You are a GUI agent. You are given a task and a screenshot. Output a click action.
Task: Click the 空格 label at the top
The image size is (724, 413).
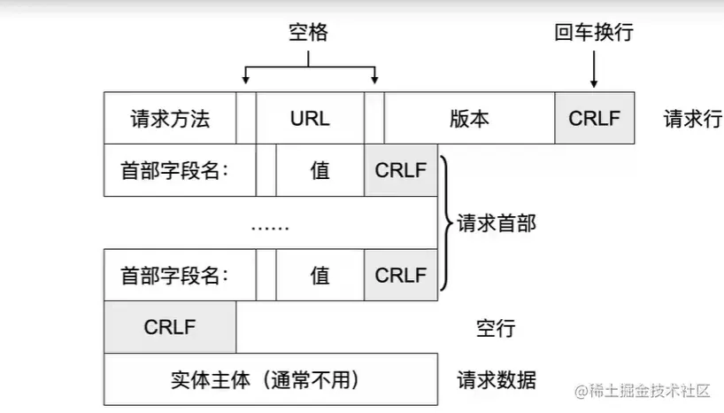point(308,33)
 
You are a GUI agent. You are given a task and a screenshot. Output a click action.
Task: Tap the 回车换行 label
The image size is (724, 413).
point(594,33)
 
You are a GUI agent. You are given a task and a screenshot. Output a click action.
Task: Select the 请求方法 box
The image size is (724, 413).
point(170,118)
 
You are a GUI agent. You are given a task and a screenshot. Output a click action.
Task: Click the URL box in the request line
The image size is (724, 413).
point(310,118)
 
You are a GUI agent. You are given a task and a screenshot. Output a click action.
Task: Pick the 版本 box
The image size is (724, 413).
point(469,118)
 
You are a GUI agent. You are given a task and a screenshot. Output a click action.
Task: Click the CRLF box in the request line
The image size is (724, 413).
point(595,118)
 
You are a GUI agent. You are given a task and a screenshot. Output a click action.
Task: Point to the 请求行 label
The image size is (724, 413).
point(692,118)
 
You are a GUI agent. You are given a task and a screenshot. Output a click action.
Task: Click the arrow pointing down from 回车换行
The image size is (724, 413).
point(594,69)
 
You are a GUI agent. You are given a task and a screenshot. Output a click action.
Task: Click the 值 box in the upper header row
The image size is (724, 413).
point(320,170)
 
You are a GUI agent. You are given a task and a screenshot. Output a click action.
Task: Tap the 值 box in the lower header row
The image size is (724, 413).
point(320,275)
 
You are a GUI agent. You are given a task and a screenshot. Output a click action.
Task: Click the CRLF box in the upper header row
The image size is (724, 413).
point(401,170)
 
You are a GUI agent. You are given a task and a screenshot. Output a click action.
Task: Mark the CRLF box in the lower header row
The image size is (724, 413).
point(401,275)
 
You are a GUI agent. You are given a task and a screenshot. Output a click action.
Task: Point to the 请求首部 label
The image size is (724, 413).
point(497,223)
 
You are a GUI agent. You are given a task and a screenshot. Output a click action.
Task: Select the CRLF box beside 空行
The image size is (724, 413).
point(170,327)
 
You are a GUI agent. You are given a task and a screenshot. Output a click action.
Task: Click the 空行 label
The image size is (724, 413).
point(496,329)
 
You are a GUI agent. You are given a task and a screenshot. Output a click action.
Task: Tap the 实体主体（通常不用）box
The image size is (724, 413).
point(270,379)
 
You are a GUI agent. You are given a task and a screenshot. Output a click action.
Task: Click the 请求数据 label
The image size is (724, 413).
point(497,380)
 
